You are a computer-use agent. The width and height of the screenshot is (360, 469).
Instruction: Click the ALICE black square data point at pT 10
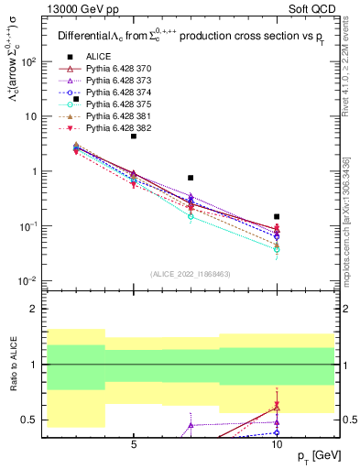coord(277,217)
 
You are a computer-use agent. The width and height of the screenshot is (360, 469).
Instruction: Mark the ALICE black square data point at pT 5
coord(134,136)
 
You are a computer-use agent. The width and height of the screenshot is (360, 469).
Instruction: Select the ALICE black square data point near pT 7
coord(191,178)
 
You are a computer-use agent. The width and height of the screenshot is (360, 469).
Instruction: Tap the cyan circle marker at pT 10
coord(277,249)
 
